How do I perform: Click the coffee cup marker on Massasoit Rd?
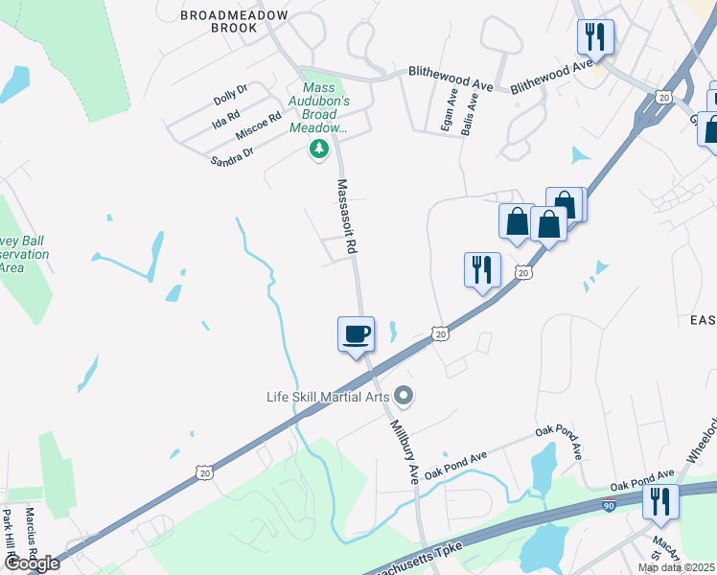356,334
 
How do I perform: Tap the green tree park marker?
319,149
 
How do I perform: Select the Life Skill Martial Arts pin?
405,394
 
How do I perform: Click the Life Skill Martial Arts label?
329,395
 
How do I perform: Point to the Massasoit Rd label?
347,216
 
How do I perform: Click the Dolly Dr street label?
230,94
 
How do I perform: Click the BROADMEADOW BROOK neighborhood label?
234,21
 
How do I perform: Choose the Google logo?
31,563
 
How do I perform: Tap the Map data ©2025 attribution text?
677,567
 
